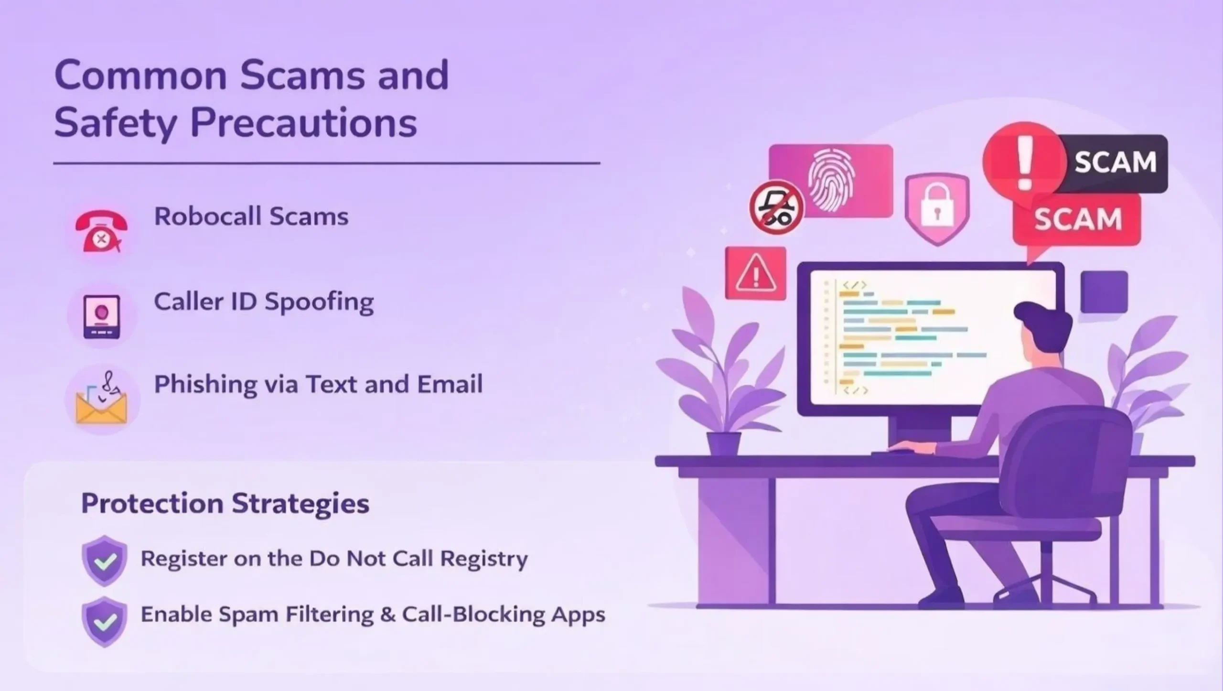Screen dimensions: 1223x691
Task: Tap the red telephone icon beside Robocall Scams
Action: click(101, 231)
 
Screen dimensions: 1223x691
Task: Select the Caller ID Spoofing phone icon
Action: click(101, 316)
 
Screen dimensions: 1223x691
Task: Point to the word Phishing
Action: click(205, 385)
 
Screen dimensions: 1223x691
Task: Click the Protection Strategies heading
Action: click(225, 504)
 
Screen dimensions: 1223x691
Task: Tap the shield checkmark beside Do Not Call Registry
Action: click(105, 560)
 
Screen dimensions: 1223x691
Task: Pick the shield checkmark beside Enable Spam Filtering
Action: click(105, 621)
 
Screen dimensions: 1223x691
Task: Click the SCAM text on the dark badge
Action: click(1115, 162)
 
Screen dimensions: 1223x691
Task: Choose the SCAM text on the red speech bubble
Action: click(1078, 219)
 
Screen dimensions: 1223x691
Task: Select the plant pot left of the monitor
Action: click(723, 443)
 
